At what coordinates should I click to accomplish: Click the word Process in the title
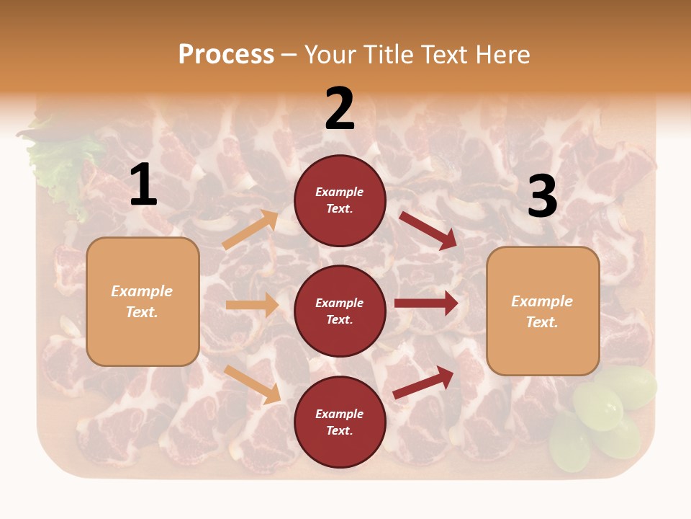226,54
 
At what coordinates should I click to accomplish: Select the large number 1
143,185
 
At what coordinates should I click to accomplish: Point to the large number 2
340,109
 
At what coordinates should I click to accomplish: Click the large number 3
542,196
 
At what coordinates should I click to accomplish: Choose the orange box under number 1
143,301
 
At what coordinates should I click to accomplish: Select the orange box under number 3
543,311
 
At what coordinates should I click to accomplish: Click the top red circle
340,200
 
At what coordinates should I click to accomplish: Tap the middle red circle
340,311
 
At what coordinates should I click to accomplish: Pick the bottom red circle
340,422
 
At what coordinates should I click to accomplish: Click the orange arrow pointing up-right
250,230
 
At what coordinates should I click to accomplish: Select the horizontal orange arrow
252,305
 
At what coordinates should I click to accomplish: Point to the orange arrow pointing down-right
253,384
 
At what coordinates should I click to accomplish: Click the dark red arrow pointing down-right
429,230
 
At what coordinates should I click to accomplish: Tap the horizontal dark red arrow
426,303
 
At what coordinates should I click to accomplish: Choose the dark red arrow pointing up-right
424,382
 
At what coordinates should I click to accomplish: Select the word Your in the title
331,54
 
